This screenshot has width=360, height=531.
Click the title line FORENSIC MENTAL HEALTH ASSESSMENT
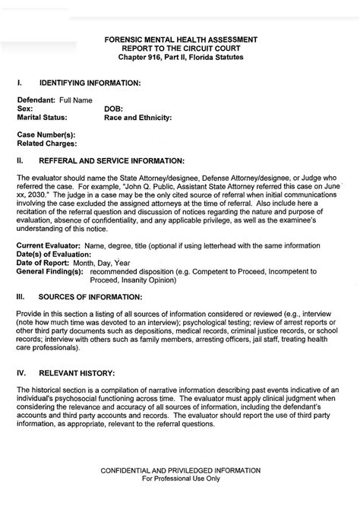click(181, 39)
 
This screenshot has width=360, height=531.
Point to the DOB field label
click(112, 109)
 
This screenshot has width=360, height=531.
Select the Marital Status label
click(42, 118)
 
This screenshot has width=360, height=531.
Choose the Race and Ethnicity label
click(137, 118)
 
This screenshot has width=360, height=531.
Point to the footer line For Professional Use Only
click(181, 479)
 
